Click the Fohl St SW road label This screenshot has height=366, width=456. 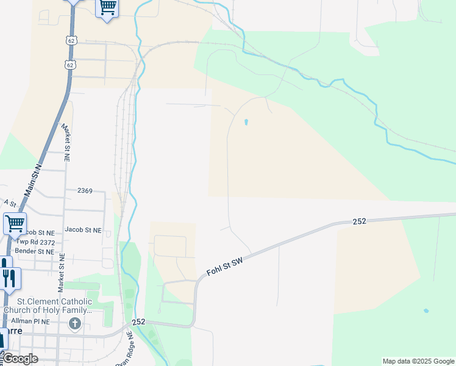pyautogui.click(x=225, y=267)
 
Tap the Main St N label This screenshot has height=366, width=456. pyautogui.click(x=32, y=180)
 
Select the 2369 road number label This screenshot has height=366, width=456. pyautogui.click(x=85, y=191)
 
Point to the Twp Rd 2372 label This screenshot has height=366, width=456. pyautogui.click(x=35, y=242)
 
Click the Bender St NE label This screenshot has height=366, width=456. pyautogui.click(x=35, y=251)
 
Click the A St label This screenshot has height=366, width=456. pyautogui.click(x=9, y=202)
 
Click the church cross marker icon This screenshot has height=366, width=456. pyautogui.click(x=75, y=323)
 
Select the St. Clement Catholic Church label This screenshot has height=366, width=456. pyautogui.click(x=48, y=306)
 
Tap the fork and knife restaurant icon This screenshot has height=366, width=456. pyautogui.click(x=9, y=278)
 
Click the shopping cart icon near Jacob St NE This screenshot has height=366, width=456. pyautogui.click(x=15, y=223)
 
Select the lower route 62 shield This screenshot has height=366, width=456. pyautogui.click(x=70, y=64)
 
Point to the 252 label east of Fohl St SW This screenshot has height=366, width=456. pyautogui.click(x=359, y=221)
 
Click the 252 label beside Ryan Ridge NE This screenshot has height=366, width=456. pyautogui.click(x=138, y=321)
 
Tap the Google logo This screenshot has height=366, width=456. pyautogui.click(x=20, y=359)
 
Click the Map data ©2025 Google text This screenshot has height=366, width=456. pyautogui.click(x=418, y=361)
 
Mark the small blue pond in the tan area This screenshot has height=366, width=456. pyautogui.click(x=246, y=122)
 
